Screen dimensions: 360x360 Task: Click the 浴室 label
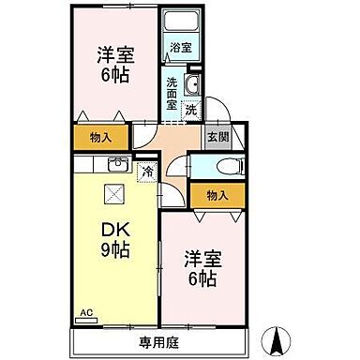point(180,46)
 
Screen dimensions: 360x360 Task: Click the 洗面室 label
point(172,93)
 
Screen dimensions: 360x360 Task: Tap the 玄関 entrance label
point(216,135)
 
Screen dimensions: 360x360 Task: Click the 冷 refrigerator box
point(147,171)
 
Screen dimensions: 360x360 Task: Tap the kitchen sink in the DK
point(117,166)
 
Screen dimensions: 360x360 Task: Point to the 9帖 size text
point(115,249)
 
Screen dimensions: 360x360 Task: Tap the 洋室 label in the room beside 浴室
point(113,54)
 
